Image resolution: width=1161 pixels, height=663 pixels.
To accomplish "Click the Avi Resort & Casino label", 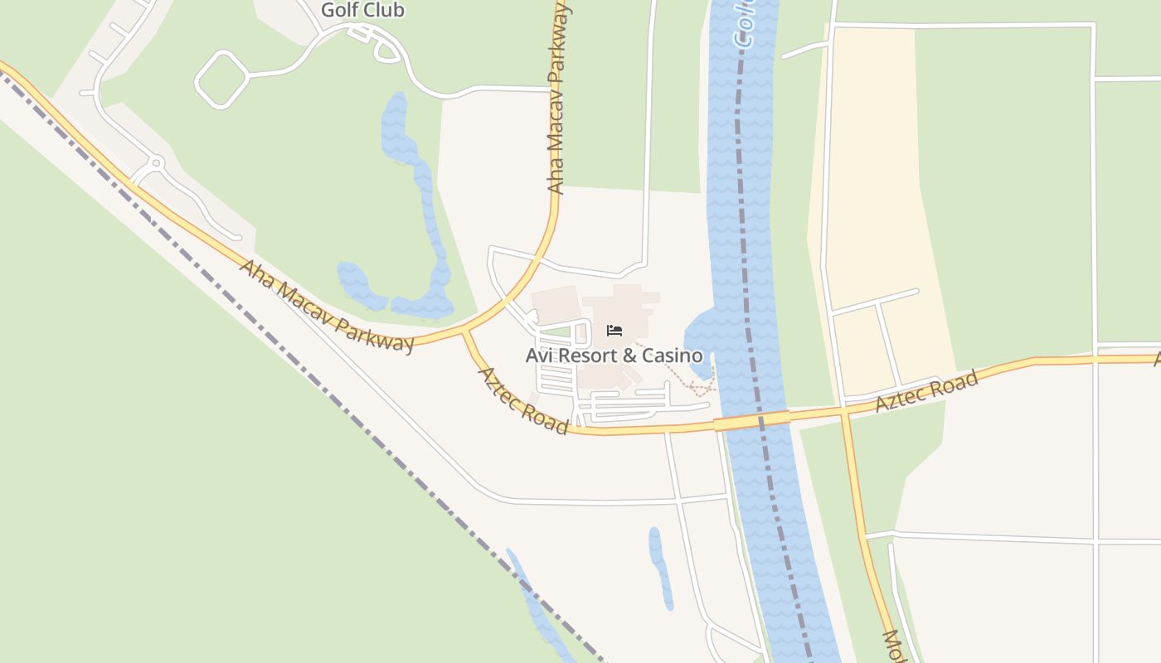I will [614, 356].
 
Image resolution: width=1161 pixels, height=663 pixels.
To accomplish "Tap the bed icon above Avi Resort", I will [615, 331].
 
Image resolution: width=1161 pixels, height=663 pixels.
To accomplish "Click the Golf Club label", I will [362, 10].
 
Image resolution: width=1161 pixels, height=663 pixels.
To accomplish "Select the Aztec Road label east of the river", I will [927, 391].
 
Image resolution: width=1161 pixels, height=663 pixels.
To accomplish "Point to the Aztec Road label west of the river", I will [522, 401].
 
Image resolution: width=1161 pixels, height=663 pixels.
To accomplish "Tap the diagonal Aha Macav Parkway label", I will [327, 305].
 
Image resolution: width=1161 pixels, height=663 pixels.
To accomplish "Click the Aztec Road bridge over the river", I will [752, 421].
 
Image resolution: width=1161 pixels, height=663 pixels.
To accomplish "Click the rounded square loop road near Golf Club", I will [221, 80].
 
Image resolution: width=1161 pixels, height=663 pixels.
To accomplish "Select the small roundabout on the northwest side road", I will [156, 162].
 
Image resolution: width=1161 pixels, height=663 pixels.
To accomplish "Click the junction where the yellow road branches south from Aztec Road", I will [844, 409].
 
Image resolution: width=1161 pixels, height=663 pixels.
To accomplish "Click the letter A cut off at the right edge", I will [1157, 358].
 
